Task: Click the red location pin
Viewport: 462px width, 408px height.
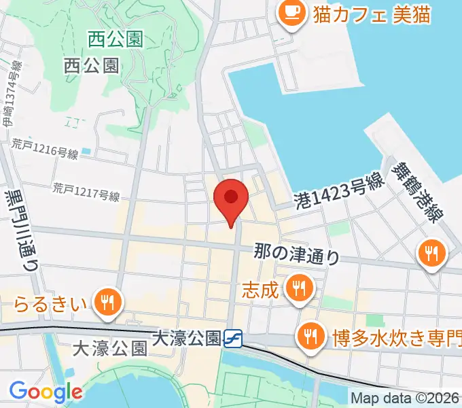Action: pyautogui.click(x=230, y=199)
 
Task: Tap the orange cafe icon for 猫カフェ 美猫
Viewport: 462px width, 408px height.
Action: pyautogui.click(x=292, y=13)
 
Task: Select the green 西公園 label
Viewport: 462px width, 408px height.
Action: pyautogui.click(x=115, y=39)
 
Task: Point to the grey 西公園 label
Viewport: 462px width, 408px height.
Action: pyautogui.click(x=92, y=65)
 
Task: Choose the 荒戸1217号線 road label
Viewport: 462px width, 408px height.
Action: pyautogui.click(x=87, y=194)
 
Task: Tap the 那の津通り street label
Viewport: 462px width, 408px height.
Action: pyautogui.click(x=297, y=253)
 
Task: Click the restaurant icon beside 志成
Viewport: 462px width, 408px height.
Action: pyautogui.click(x=298, y=288)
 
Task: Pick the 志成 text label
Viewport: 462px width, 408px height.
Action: pyautogui.click(x=260, y=290)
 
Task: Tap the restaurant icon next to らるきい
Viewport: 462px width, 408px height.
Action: pyautogui.click(x=107, y=301)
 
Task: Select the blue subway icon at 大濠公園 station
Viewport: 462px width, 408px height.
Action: pyautogui.click(x=233, y=337)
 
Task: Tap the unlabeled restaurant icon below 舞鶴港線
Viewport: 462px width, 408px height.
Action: pyautogui.click(x=431, y=254)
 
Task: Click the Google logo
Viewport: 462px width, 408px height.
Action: pyautogui.click(x=46, y=392)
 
